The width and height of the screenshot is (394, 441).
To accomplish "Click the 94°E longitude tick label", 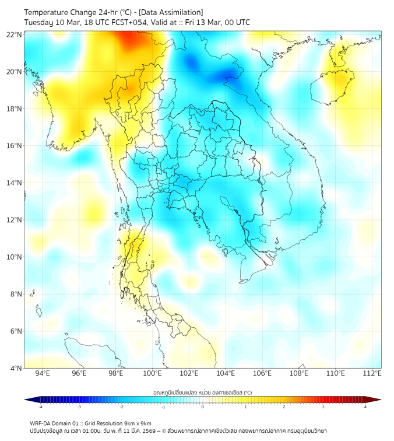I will [43, 374].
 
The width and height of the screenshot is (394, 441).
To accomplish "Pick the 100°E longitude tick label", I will [152, 374].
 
